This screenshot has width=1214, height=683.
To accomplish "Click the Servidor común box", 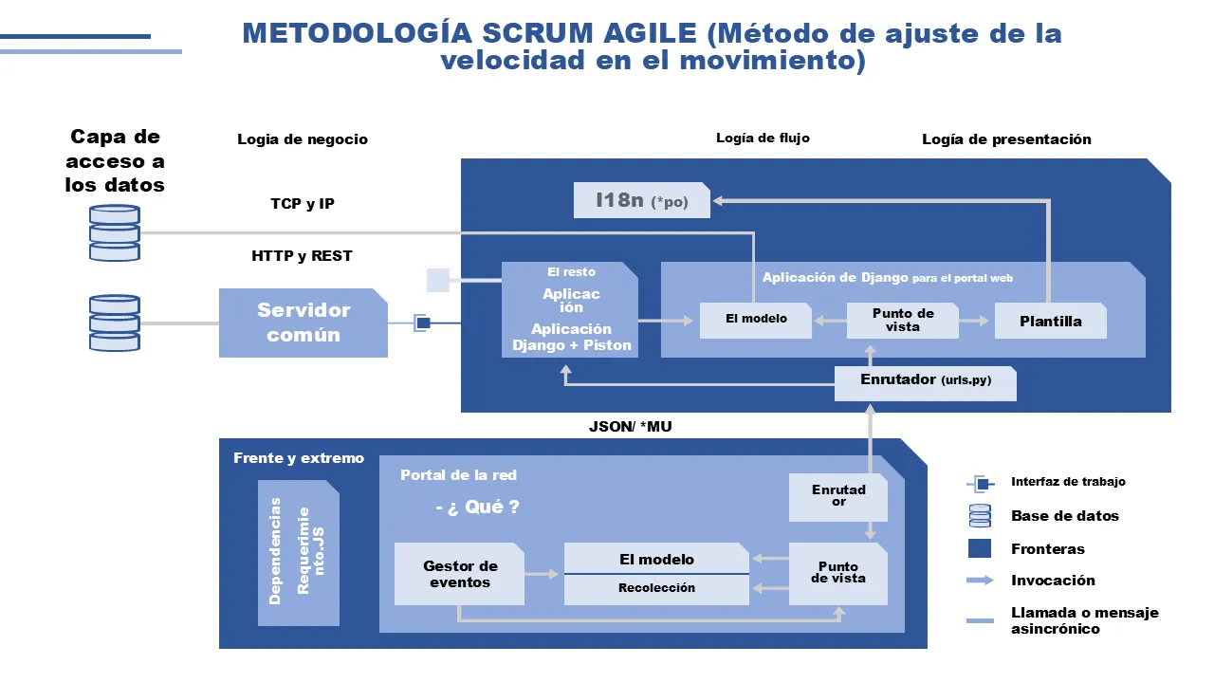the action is [303, 323].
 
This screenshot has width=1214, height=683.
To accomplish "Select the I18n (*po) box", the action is [642, 200].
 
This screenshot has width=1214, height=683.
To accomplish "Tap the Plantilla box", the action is [1050, 321].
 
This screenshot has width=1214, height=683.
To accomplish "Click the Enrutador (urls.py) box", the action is [925, 383].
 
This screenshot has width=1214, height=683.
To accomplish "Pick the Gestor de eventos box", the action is [460, 574].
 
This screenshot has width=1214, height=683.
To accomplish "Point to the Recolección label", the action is [656, 587].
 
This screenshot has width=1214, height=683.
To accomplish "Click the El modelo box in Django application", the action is [756, 321].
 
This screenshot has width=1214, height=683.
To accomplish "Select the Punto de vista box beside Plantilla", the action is [902, 321].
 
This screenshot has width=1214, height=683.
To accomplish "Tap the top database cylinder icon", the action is [115, 233].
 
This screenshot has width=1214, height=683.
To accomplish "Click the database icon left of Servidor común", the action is [115, 323].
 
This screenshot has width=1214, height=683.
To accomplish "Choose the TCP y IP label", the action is [303, 204].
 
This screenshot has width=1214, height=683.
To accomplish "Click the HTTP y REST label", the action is [302, 256].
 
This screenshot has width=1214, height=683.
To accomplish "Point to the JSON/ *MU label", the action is [631, 427].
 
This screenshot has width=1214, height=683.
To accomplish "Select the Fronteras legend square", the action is [980, 548].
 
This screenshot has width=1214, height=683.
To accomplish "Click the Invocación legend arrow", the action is [980, 580].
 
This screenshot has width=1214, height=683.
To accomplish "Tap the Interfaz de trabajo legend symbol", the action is [981, 484].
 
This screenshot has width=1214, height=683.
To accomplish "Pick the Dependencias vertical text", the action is [275, 551].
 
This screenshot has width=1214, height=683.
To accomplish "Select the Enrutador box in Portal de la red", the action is [837, 497].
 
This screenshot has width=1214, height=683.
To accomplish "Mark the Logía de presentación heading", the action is [1006, 139].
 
